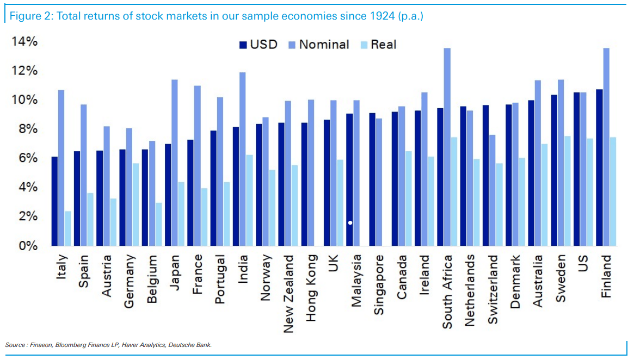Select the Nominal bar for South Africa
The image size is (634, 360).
447,147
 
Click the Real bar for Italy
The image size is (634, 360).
68,228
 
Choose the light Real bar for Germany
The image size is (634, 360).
136,204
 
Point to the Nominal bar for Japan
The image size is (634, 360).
175,163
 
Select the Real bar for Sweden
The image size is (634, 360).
567,191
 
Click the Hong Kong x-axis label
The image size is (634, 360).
311,288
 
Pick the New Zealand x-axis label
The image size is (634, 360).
288,294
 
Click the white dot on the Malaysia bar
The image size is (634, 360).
350,222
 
